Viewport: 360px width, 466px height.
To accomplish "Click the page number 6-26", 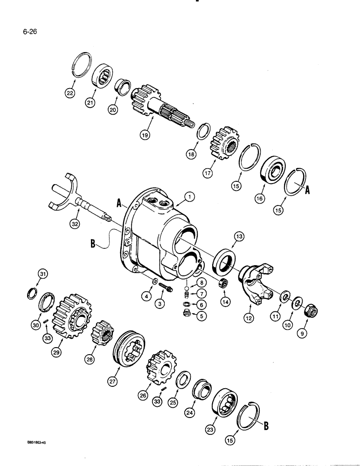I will (15, 32).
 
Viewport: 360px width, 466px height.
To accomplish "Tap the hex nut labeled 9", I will (309, 308).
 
